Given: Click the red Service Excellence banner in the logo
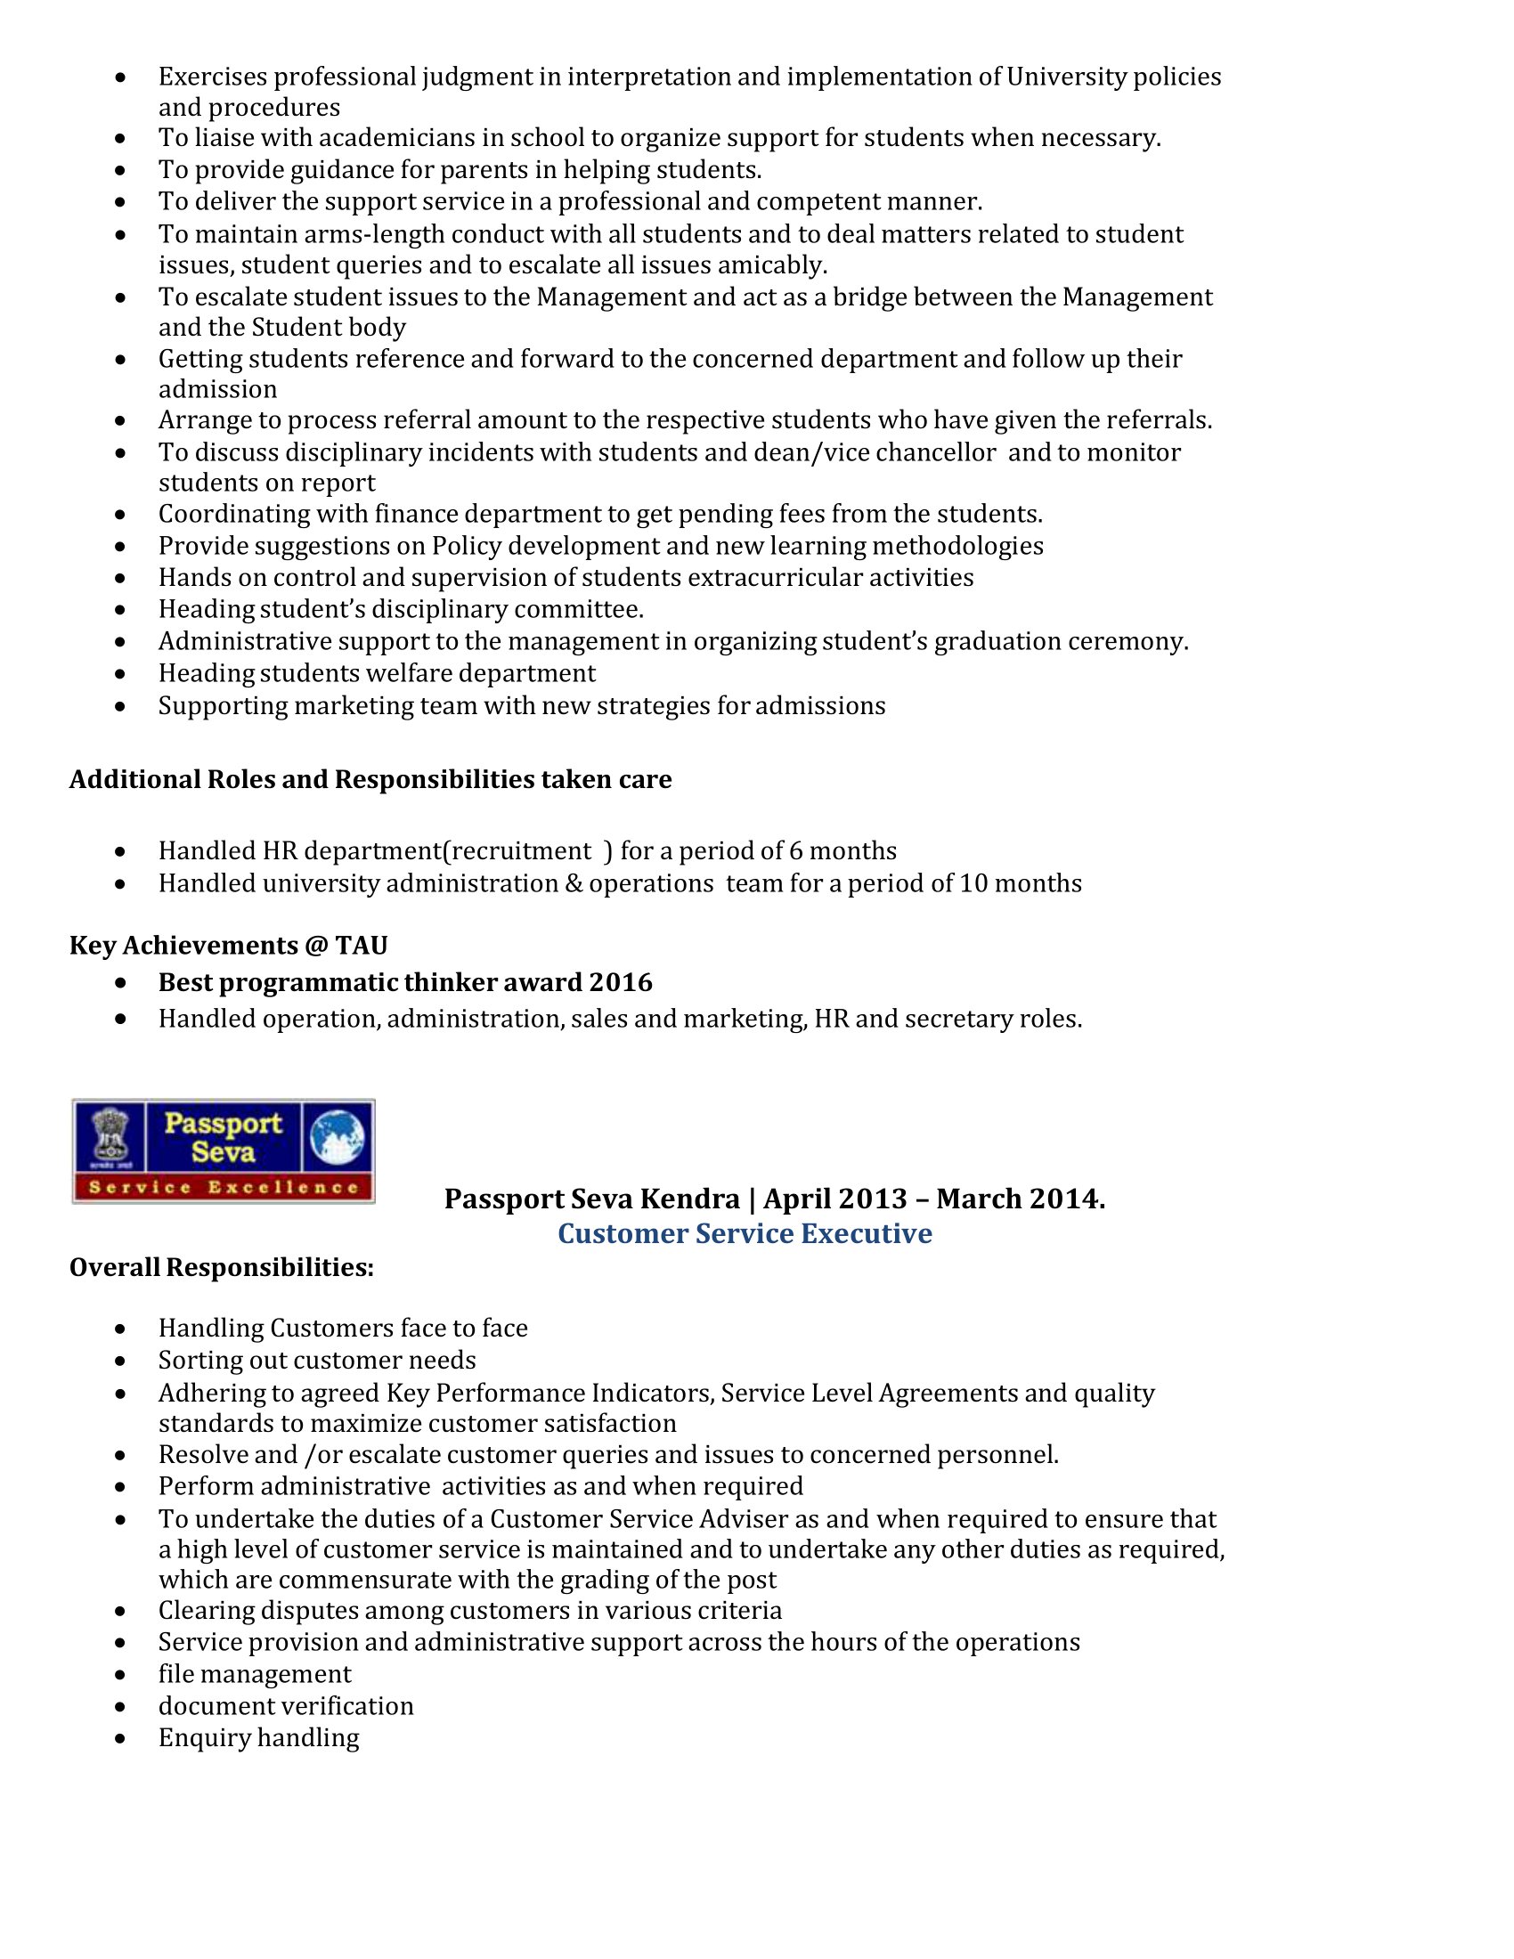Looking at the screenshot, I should pyautogui.click(x=224, y=1188).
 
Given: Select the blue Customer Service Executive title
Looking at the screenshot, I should pyautogui.click(x=745, y=1233).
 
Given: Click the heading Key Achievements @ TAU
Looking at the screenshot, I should pyautogui.click(x=228, y=946).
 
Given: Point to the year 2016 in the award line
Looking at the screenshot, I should pyautogui.click(x=621, y=982).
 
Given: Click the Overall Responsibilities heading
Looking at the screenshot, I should pyautogui.click(x=222, y=1267).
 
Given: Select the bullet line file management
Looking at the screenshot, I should pyautogui.click(x=255, y=1674).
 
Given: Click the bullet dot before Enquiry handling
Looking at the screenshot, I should pyautogui.click(x=121, y=1738).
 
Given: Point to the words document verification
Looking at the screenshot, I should pyautogui.click(x=286, y=1706).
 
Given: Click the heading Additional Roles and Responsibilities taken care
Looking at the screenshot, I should pyautogui.click(x=370, y=779).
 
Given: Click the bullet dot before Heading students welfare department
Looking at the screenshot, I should pyautogui.click(x=121, y=674).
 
